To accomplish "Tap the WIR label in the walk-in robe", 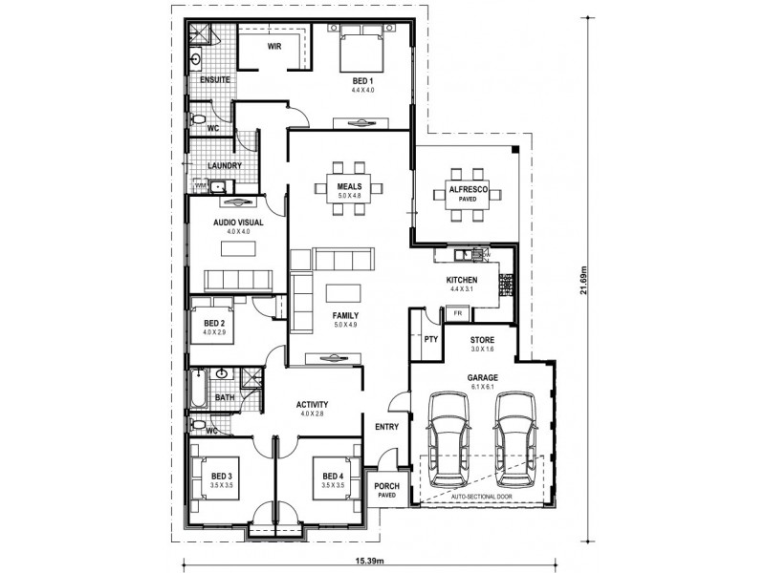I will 273,45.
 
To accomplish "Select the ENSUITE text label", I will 211,80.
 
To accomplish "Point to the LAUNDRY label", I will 224,165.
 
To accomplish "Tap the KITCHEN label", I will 462,281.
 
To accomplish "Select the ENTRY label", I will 386,426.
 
